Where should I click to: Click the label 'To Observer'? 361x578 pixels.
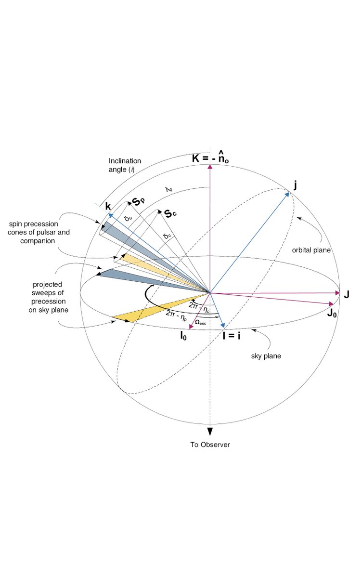pos(210,445)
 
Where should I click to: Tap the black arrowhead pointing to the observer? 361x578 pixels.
pos(210,431)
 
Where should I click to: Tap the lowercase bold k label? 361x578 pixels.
pos(108,206)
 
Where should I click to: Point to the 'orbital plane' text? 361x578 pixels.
pos(308,250)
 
